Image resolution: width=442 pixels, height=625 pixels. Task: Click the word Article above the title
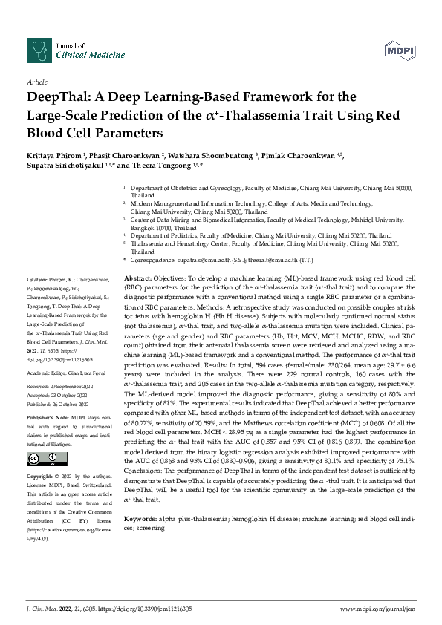pyautogui.click(x=36, y=82)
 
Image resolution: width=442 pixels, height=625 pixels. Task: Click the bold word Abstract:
pyautogui.click(x=138, y=277)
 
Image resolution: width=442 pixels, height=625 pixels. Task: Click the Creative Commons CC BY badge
pyautogui.click(x=41, y=436)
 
